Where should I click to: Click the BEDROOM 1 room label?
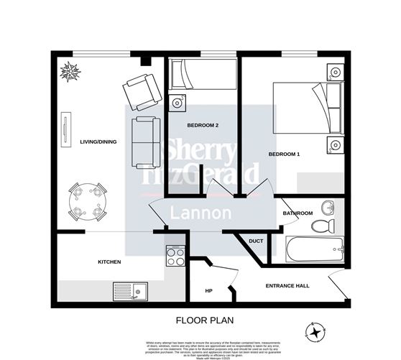click(x=284, y=154)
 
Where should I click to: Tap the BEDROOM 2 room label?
click(x=203, y=125)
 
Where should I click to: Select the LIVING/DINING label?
click(x=98, y=142)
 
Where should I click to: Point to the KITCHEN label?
click(x=109, y=262)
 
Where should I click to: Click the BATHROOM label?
click(x=298, y=213)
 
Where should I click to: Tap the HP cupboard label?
click(x=209, y=290)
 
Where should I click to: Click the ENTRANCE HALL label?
click(x=287, y=286)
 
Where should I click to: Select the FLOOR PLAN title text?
click(x=200, y=320)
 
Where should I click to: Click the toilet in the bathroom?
click(x=323, y=226)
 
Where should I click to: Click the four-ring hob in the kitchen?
click(x=175, y=254)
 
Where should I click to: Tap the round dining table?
click(x=86, y=200)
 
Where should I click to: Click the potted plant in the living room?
click(x=71, y=72)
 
